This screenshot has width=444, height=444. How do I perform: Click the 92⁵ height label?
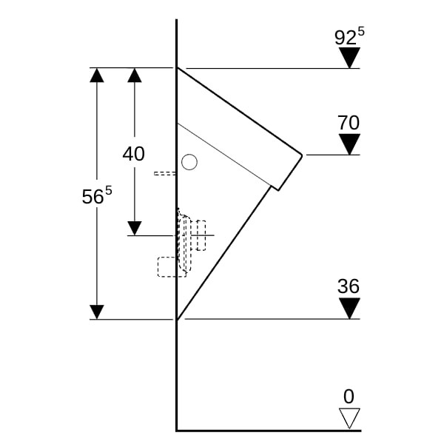point(349,37)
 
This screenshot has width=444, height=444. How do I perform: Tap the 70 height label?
point(349,123)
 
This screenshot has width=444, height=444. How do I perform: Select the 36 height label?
point(349,286)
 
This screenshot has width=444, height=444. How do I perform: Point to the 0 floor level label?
point(349,396)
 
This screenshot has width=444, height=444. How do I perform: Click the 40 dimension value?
point(134,154)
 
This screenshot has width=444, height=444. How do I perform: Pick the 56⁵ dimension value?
point(96,196)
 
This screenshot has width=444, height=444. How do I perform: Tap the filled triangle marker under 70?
point(349,144)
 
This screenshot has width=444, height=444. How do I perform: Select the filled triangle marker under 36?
point(349,308)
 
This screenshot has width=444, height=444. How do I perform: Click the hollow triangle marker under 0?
point(349,418)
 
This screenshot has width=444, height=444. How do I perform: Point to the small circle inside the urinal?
point(190,161)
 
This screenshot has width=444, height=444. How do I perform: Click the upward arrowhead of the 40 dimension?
point(134,75)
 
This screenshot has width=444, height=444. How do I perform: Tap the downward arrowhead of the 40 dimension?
point(134,228)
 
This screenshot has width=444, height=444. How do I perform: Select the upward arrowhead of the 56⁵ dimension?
point(96,75)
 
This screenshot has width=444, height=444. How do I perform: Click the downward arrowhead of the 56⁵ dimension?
point(96,312)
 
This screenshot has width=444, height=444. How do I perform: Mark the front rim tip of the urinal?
point(301,155)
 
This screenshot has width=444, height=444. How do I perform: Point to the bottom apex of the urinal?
point(178,319)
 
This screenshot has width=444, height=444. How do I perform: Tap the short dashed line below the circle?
point(165,174)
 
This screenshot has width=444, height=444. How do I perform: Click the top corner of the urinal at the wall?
point(178,68)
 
